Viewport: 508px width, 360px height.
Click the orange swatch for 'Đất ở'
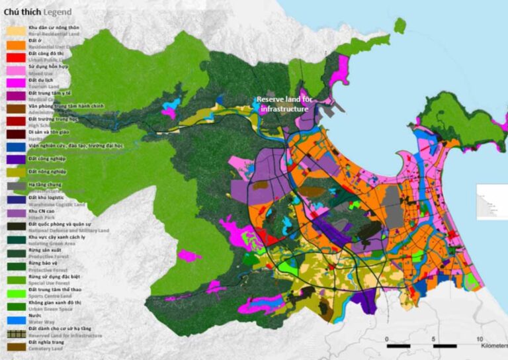tap(15, 43)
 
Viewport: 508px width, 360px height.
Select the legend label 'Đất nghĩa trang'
tap(47, 343)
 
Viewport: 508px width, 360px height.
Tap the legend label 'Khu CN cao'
tap(41, 210)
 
